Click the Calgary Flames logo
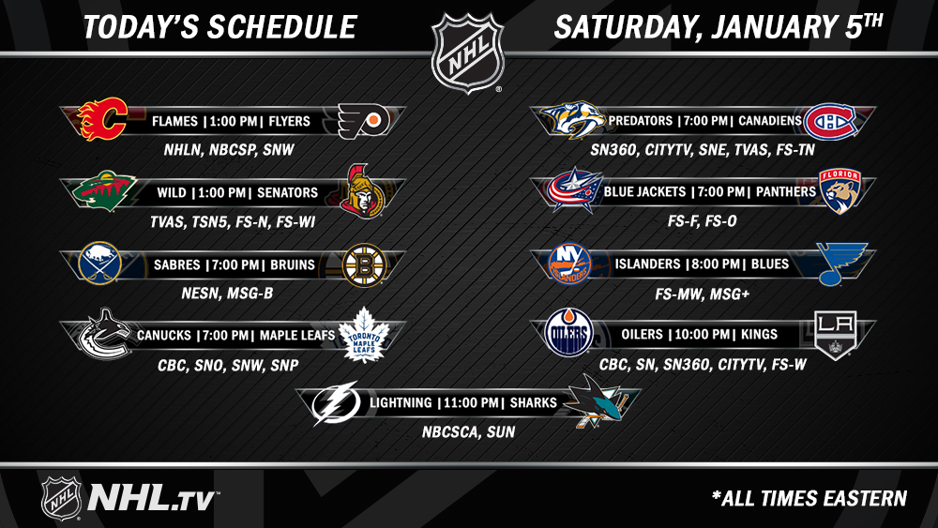(x=103, y=119)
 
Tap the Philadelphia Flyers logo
(x=364, y=121)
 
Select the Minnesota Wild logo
(x=104, y=190)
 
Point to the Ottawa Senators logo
(x=363, y=191)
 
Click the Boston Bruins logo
(x=364, y=265)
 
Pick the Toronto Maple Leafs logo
(x=364, y=335)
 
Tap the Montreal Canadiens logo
(x=830, y=122)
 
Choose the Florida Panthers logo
(x=840, y=191)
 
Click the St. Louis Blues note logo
(x=841, y=264)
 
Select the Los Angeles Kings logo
(x=836, y=334)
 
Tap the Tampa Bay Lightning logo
(x=336, y=403)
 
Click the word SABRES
(x=176, y=264)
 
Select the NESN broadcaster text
(x=201, y=294)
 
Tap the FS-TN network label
(x=795, y=150)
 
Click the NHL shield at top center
(x=468, y=53)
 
